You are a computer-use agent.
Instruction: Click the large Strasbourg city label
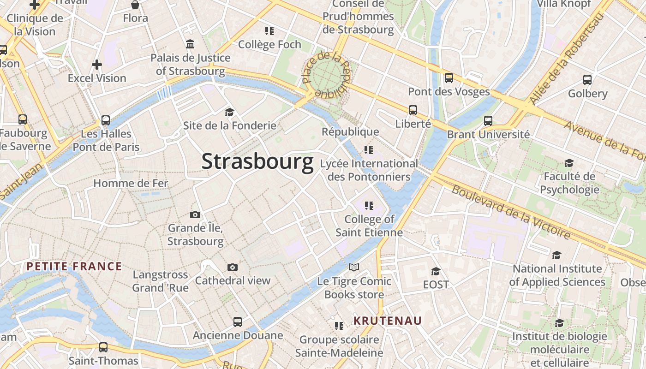pyautogui.click(x=257, y=162)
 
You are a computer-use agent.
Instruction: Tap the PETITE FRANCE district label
pyautogui.click(x=74, y=266)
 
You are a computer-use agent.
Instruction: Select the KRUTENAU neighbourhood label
pyautogui.click(x=388, y=321)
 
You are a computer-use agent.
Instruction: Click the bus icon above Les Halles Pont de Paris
pyautogui.click(x=106, y=120)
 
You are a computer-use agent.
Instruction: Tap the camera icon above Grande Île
pyautogui.click(x=195, y=214)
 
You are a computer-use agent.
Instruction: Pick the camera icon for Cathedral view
pyautogui.click(x=233, y=267)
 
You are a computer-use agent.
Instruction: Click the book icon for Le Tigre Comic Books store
pyautogui.click(x=354, y=268)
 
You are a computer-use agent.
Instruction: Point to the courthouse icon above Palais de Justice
pyautogui.click(x=190, y=44)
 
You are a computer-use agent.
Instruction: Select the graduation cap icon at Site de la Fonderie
pyautogui.click(x=229, y=112)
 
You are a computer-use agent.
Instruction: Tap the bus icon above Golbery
pyautogui.click(x=587, y=80)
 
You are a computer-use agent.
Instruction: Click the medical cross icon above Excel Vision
pyautogui.click(x=96, y=65)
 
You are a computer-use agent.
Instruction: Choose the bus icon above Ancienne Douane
pyautogui.click(x=238, y=322)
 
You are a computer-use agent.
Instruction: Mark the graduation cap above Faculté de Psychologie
pyautogui.click(x=569, y=163)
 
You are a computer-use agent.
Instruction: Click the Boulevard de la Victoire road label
pyautogui.click(x=511, y=212)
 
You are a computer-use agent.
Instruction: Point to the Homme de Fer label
pyautogui.click(x=131, y=183)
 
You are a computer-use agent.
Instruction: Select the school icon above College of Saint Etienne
pyautogui.click(x=369, y=205)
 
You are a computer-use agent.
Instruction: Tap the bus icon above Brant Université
pyautogui.click(x=488, y=121)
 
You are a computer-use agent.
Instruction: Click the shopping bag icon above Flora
pyautogui.click(x=135, y=5)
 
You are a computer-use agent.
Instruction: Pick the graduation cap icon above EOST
pyautogui.click(x=436, y=271)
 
